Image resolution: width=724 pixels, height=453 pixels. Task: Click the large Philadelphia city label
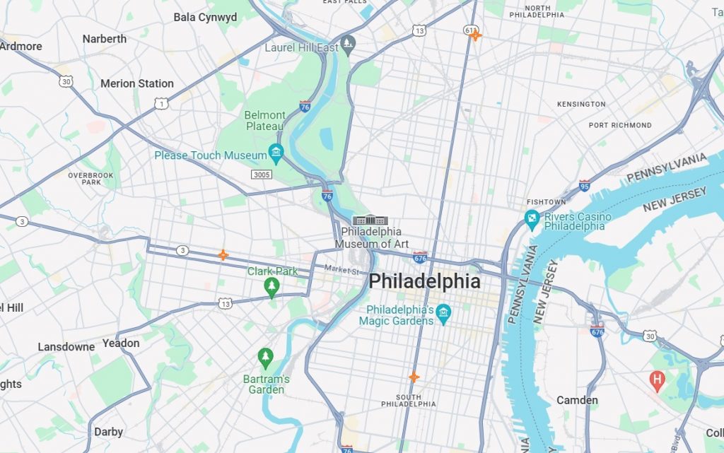coord(424,281)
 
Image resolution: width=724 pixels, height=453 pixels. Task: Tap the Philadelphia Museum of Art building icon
coord(370,220)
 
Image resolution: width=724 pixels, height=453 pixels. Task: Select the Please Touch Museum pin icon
coord(276,153)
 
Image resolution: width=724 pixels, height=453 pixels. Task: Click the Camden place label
coord(577,400)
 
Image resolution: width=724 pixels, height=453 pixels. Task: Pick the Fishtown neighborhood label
coord(546,202)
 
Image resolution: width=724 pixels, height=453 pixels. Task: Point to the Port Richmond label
coord(620,125)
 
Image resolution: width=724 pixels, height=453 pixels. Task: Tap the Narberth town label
coord(104,39)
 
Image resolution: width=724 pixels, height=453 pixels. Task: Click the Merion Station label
coord(136,83)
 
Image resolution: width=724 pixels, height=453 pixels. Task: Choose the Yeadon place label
coord(121,343)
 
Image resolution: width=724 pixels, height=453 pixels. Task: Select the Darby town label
coord(108,431)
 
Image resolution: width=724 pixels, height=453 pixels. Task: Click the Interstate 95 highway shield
coord(585,184)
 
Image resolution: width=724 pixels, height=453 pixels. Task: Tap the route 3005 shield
coord(262,173)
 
